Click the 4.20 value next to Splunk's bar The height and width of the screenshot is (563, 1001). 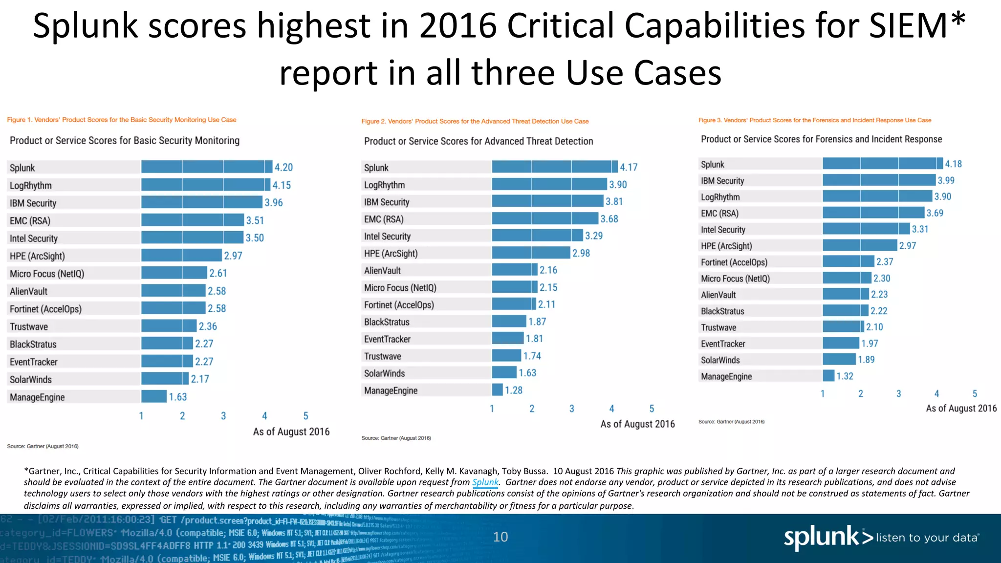283,167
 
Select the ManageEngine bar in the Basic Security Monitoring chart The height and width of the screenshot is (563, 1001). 154,396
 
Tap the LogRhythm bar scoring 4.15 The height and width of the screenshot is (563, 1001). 205,185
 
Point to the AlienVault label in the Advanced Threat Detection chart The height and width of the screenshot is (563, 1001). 382,270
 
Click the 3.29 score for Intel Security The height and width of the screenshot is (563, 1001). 594,236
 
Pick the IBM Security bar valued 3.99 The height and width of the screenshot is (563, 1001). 878,180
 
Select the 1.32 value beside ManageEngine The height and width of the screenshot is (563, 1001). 845,376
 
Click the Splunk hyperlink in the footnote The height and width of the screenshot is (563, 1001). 485,482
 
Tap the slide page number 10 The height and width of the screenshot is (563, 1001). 500,537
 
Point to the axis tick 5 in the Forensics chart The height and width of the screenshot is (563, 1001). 975,393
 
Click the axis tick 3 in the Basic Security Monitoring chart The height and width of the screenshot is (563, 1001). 223,416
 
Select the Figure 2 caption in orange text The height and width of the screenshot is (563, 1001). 475,121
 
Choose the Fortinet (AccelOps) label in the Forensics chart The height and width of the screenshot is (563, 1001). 734,262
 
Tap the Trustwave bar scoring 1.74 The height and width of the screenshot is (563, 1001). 506,356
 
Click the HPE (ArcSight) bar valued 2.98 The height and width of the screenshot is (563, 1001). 531,253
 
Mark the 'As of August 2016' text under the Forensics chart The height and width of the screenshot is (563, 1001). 961,408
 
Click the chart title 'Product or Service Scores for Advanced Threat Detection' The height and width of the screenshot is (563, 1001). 478,141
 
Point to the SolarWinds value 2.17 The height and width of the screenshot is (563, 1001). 200,379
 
